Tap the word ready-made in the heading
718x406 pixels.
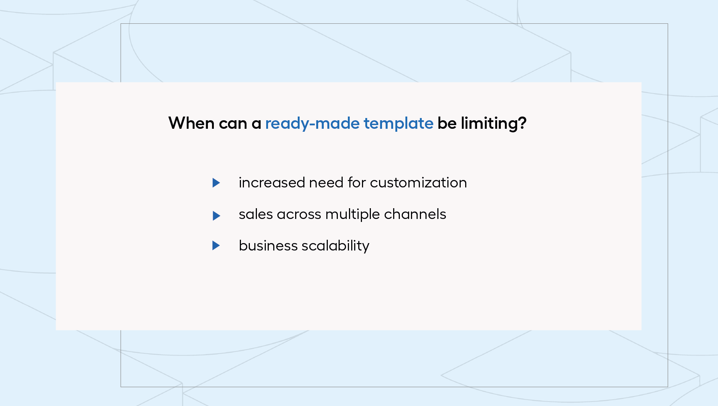[x=312, y=124]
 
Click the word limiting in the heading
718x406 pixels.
[x=489, y=124]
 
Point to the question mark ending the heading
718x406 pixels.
[x=522, y=123]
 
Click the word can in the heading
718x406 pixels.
[x=233, y=124]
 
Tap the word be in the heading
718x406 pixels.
[x=447, y=123]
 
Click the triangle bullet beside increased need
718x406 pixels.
[x=216, y=183]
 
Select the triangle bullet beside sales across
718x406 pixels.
[x=216, y=216]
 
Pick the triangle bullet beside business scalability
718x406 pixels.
[x=216, y=245]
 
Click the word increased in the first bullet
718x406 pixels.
[x=272, y=183]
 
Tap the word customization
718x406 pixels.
[x=418, y=183]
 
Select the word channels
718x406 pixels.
[x=415, y=214]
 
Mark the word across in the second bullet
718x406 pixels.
[x=299, y=215]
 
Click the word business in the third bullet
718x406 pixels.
[x=268, y=246]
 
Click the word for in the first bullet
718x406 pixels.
[x=357, y=183]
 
